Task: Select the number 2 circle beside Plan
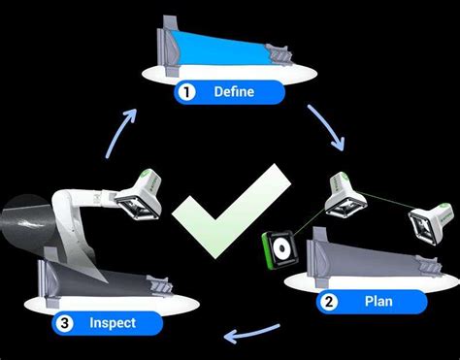tap(330, 303)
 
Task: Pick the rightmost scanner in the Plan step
tap(426, 222)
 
